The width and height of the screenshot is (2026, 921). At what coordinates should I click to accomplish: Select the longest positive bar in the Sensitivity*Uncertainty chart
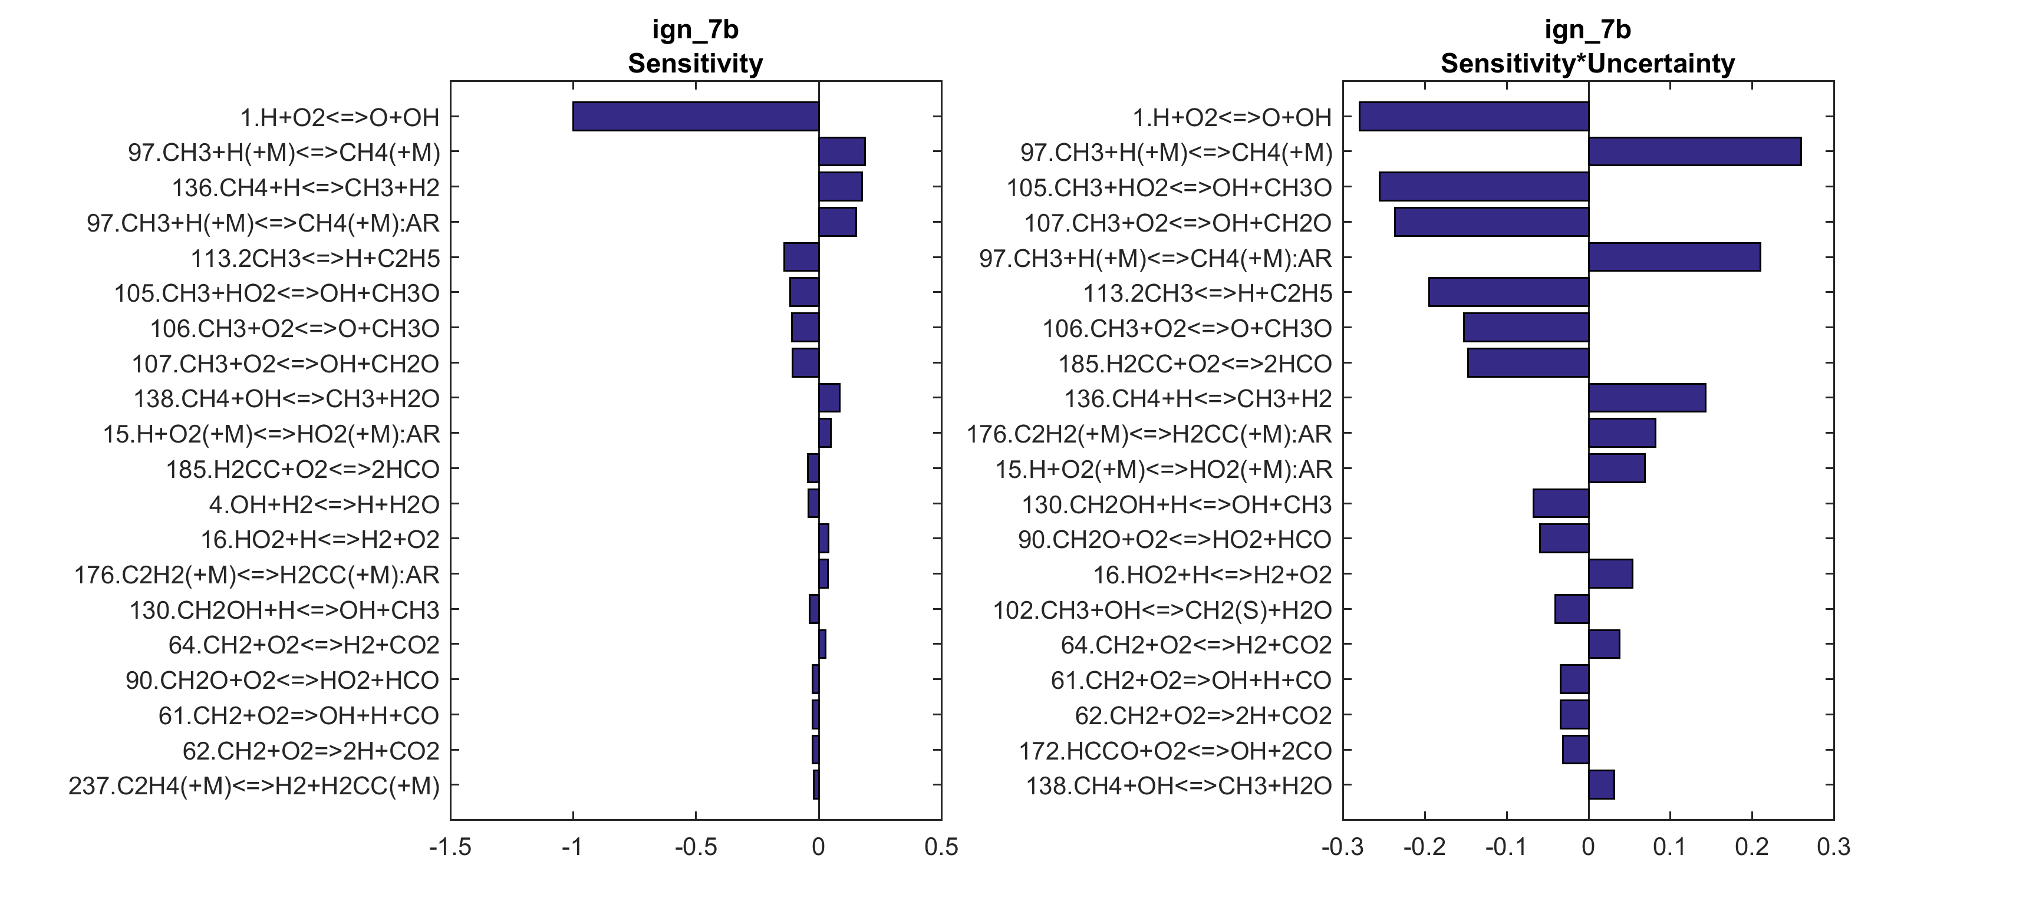pos(1694,152)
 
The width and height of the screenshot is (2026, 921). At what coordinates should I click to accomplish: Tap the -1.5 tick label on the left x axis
pos(450,848)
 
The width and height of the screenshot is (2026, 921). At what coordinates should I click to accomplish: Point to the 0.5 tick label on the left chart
pos(941,848)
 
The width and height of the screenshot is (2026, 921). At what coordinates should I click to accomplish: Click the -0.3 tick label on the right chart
pos(1343,848)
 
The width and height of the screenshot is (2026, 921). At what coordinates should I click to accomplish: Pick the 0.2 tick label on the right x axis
pos(1751,848)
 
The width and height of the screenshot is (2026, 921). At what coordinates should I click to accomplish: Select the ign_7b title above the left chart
pos(695,30)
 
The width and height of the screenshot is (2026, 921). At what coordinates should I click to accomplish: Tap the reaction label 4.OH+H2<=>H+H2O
pos(324,504)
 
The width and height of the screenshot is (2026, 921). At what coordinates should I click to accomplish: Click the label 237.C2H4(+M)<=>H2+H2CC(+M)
pos(254,785)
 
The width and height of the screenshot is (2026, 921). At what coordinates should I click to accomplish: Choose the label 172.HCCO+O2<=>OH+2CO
pos(1175,750)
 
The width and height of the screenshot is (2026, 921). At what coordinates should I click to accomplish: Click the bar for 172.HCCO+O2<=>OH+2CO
pos(1575,750)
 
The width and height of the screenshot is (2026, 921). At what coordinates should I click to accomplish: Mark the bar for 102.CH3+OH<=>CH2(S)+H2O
pos(1572,609)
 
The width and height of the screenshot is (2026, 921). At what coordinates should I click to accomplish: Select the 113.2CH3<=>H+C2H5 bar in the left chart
pos(802,257)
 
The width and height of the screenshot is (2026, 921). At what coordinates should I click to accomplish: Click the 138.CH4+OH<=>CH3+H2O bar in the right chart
pos(1602,785)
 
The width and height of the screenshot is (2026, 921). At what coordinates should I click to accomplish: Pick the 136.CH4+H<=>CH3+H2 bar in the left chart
pos(840,187)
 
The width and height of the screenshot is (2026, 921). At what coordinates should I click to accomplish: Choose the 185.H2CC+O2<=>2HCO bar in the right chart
pos(1527,364)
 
